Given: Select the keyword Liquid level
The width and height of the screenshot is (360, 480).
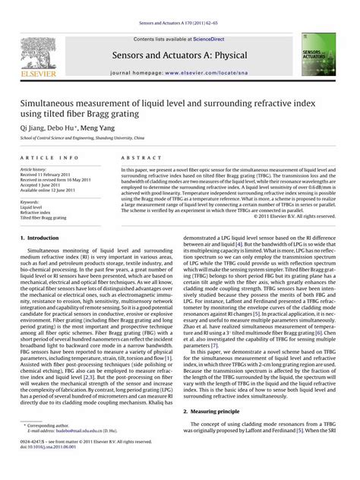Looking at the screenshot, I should (x=31, y=207).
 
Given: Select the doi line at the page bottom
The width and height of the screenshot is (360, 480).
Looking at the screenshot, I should (x=52, y=469).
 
